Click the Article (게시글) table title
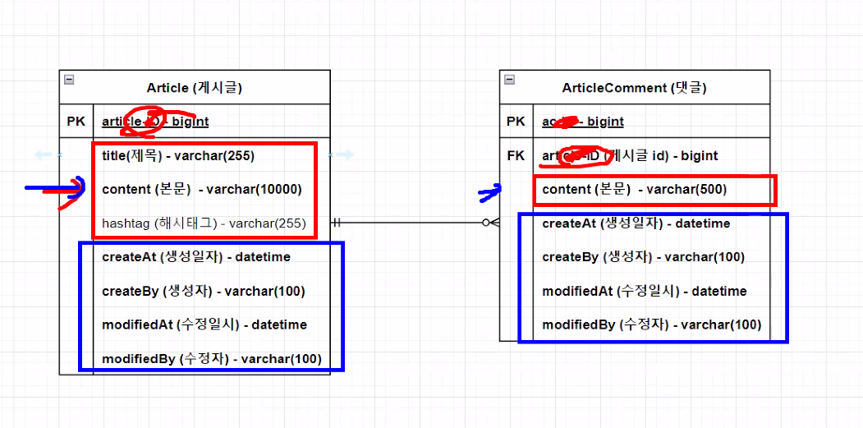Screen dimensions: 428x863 pyautogui.click(x=195, y=88)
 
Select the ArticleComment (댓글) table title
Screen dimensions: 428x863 pyautogui.click(x=634, y=88)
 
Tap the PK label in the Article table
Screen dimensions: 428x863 pyautogui.click(x=76, y=122)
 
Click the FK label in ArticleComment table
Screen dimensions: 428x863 pyautogui.click(x=516, y=155)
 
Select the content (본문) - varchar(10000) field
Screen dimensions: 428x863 pyautogui.click(x=202, y=190)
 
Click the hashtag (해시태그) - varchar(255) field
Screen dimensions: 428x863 pyautogui.click(x=204, y=223)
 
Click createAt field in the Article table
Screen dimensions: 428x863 pyautogui.click(x=196, y=257)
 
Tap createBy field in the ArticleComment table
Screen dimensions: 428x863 pyautogui.click(x=643, y=257)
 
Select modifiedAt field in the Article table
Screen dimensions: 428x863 pyautogui.click(x=204, y=324)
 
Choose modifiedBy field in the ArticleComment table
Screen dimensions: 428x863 pyautogui.click(x=652, y=324)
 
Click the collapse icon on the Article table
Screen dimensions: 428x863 pyautogui.click(x=69, y=80)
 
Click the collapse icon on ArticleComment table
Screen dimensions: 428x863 pyautogui.click(x=509, y=80)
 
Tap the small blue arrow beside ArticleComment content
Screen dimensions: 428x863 pyautogui.click(x=489, y=194)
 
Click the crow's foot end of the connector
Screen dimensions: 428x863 pyautogui.click(x=490, y=222)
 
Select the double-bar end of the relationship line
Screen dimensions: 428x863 pyautogui.click(x=336, y=222)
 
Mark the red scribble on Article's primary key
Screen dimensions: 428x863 pyautogui.click(x=144, y=121)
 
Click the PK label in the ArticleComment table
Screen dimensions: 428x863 pyautogui.click(x=516, y=122)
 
